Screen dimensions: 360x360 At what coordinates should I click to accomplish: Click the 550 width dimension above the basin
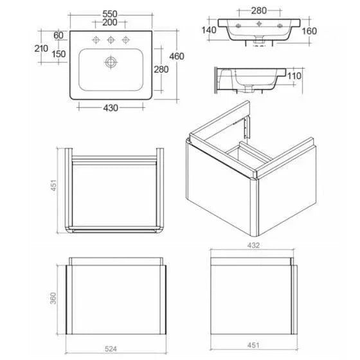point(110,14)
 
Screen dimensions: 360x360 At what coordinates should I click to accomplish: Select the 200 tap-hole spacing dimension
point(110,22)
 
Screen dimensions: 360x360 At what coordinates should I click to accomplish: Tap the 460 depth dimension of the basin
point(177,57)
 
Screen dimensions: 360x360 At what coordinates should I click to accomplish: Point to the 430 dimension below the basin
point(111,108)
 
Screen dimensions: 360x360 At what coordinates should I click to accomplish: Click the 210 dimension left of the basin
point(41,48)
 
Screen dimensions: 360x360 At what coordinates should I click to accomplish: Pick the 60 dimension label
point(59,35)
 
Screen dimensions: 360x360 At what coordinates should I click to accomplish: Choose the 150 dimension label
point(59,54)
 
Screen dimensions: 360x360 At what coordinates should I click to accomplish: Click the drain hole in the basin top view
point(111,62)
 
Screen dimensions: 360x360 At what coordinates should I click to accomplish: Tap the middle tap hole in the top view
point(111,40)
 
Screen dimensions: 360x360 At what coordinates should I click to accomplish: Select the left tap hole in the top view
point(96,40)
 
